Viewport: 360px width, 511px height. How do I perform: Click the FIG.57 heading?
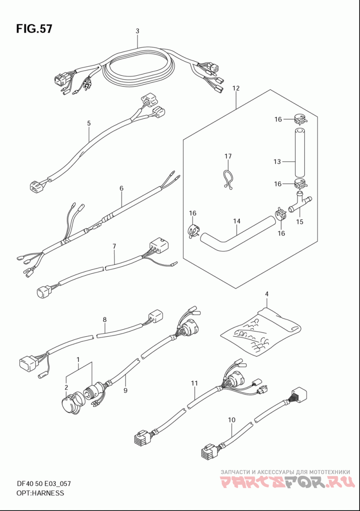click(34, 29)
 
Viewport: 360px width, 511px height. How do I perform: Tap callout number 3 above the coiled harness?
click(138, 31)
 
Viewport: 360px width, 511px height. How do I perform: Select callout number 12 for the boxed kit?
click(236, 88)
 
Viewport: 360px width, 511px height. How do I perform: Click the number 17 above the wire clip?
click(228, 156)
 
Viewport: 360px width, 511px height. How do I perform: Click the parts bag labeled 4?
click(261, 332)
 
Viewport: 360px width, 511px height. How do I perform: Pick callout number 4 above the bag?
click(266, 294)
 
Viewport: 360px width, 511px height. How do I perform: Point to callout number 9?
click(126, 390)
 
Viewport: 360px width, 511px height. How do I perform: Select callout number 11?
click(194, 384)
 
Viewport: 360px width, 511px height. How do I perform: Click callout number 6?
click(121, 188)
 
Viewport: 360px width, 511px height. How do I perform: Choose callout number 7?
click(114, 246)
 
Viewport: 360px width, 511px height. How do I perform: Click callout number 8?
click(104, 320)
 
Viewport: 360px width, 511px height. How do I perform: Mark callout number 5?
click(89, 123)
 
